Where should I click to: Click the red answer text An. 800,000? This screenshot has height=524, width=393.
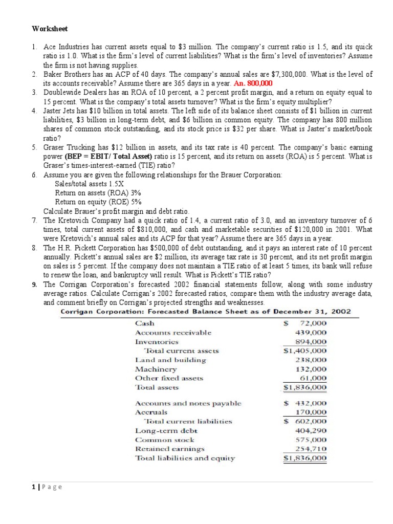252,83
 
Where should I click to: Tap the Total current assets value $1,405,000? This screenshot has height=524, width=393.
305,351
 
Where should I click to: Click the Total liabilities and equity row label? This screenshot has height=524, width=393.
185,458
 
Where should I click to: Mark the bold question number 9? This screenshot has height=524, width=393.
34,284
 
